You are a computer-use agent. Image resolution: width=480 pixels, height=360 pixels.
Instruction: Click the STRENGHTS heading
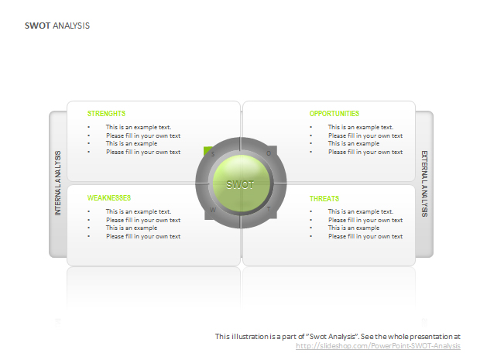coord(106,114)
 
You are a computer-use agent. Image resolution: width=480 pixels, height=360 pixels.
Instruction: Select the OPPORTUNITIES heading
coord(334,114)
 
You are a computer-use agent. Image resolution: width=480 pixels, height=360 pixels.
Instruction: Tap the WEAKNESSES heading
coord(109,198)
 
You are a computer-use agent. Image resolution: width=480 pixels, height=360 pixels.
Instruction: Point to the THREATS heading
coord(324,199)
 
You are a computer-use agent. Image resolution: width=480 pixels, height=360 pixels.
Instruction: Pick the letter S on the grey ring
coord(213,154)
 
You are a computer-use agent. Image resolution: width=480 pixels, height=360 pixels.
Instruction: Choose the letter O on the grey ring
coord(269,153)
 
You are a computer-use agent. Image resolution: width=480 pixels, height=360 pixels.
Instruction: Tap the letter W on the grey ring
coord(213,210)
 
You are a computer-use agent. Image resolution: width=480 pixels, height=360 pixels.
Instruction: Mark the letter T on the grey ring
coord(269,209)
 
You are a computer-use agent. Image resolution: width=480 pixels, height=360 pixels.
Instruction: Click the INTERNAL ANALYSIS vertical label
coord(58,183)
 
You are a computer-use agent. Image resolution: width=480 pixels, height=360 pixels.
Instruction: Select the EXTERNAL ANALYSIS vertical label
coord(424,183)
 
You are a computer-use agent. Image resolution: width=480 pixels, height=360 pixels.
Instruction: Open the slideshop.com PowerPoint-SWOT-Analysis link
coord(378,346)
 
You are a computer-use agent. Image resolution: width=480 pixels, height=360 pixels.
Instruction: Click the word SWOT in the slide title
coord(37,26)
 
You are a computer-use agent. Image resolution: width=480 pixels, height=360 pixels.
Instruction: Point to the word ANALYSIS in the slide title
coord(71,26)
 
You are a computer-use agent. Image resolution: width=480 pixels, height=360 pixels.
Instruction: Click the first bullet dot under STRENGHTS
coord(89,127)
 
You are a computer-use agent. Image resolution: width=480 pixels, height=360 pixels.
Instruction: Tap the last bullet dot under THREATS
coord(311,236)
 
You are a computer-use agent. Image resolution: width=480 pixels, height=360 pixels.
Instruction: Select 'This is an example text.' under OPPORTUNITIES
coord(361,127)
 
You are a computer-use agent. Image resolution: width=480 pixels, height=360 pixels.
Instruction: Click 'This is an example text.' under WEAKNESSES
coord(139,211)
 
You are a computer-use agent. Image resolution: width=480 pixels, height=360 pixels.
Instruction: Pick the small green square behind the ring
coord(207,151)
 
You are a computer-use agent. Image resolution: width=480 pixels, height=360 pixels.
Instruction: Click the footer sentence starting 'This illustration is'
coord(338,337)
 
